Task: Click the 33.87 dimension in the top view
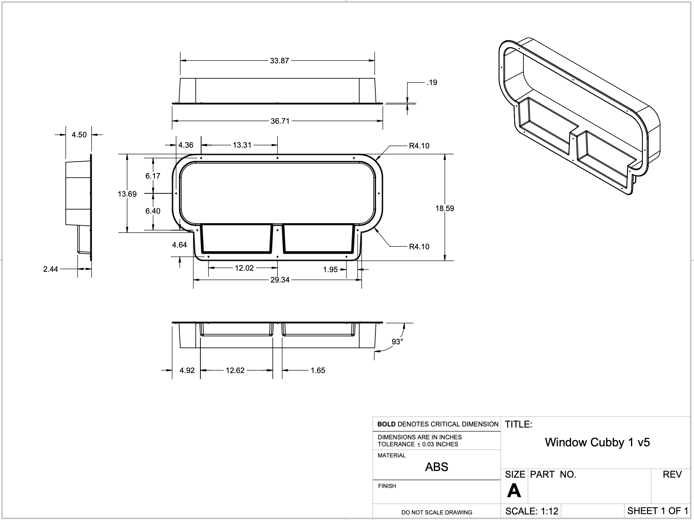pos(279,61)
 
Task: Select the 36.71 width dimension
pos(280,121)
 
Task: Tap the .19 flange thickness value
pos(432,82)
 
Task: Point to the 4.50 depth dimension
pos(79,135)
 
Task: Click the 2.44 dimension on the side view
pos(50,269)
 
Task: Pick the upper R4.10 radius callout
pos(419,146)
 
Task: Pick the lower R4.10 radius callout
pos(419,247)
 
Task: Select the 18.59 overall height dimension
pos(445,208)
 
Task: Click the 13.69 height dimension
pos(127,194)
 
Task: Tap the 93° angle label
pos(397,342)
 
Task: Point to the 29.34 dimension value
pos(280,280)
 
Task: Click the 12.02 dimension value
pos(244,268)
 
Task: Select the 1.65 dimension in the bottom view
pos(318,370)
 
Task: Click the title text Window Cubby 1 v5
pos(597,442)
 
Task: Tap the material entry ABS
pos(437,467)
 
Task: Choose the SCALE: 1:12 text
pos(532,511)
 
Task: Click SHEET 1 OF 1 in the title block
pos(657,511)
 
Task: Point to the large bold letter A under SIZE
pos(514,491)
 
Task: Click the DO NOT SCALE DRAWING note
pos(437,512)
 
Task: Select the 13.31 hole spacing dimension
pos(242,145)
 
